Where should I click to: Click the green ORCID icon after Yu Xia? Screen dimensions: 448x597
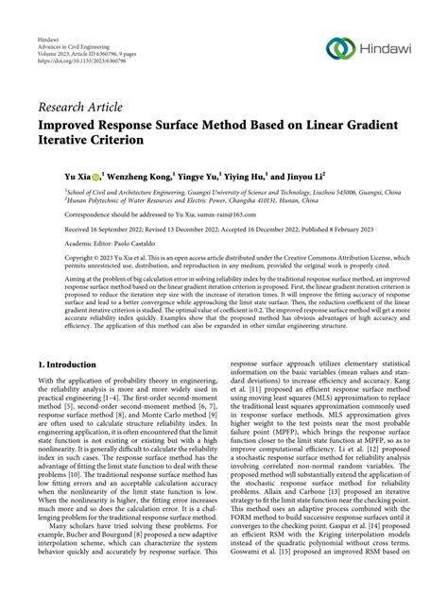(96, 176)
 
